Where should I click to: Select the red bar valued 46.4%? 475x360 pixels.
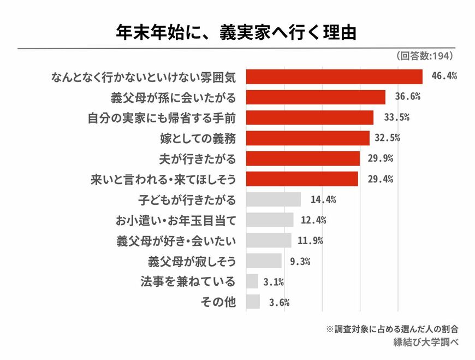pyautogui.click(x=334, y=76)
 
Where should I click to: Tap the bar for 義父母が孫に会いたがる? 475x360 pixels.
pyautogui.click(x=316, y=97)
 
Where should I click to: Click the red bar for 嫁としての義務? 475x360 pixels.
pyautogui.click(x=308, y=138)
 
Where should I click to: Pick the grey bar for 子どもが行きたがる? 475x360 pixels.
pyautogui.click(x=274, y=199)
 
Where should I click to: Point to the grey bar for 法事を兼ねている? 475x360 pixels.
pyautogui.click(x=252, y=281)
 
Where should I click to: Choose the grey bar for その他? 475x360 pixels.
pyautogui.click(x=253, y=302)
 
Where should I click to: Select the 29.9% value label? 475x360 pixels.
pyautogui.click(x=381, y=158)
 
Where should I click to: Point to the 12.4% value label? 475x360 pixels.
pyautogui.click(x=314, y=220)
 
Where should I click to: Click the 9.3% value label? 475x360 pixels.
pyautogui.click(x=300, y=261)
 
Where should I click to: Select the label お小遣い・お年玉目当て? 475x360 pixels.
pyautogui.click(x=176, y=220)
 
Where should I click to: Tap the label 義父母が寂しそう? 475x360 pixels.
pyautogui.click(x=192, y=261)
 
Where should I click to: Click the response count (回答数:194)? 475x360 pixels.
pyautogui.click(x=424, y=56)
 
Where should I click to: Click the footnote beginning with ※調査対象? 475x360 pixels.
pyautogui.click(x=391, y=329)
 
